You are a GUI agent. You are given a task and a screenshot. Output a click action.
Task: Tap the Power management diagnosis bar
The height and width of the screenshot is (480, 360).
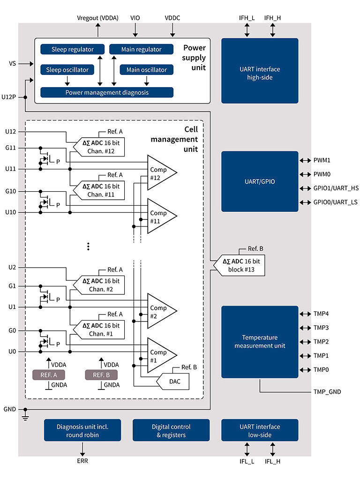(107, 92)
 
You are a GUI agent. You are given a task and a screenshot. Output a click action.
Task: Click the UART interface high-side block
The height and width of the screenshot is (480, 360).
(260, 71)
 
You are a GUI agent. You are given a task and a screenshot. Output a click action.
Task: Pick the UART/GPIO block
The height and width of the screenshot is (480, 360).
(260, 181)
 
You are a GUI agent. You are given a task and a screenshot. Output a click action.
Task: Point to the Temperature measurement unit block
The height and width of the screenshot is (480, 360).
(260, 342)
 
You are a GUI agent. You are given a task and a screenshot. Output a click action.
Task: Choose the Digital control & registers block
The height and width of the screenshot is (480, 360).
(171, 430)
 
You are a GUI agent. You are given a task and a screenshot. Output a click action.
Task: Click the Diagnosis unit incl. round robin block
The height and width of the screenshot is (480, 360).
(82, 430)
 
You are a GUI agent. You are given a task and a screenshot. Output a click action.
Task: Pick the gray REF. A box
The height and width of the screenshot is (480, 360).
(49, 375)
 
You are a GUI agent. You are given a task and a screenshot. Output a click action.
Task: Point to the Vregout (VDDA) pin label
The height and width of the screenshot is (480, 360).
(97, 18)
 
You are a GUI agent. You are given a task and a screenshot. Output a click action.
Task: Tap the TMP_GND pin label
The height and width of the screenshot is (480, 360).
(327, 391)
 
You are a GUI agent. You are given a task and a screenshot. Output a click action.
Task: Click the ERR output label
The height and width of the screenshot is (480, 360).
(82, 461)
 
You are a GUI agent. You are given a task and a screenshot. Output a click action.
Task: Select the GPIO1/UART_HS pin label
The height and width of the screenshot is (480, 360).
(335, 188)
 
